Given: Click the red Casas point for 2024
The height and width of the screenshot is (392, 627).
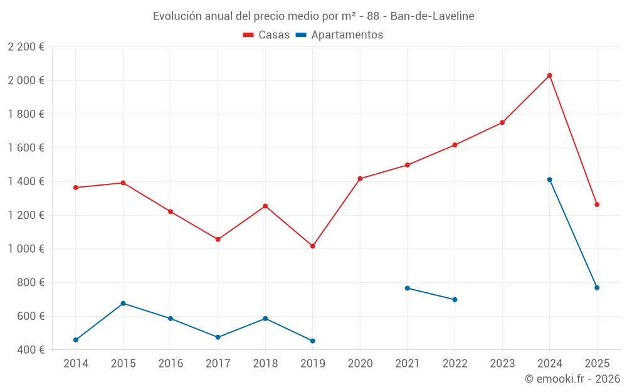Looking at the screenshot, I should pos(549,75).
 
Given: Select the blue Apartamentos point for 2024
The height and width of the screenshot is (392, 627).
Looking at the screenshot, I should pos(549,180).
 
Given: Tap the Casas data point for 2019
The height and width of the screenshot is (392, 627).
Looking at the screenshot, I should pos(312,246).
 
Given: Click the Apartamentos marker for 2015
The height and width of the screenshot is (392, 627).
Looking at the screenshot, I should pos(123,304).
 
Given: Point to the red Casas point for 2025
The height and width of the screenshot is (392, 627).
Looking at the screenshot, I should pos(597,204).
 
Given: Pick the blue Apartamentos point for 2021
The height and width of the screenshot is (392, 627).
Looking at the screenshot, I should pos(408,289).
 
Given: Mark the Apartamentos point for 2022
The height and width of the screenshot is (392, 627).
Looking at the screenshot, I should pos(455,300).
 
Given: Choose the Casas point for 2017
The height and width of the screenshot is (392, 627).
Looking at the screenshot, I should pos(218,240).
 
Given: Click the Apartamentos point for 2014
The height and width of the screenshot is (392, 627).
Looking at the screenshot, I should pos(76,340).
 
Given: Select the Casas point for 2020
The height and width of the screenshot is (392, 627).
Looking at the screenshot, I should pos(360,179).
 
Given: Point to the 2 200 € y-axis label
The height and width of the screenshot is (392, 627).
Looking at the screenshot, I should pos(26,47).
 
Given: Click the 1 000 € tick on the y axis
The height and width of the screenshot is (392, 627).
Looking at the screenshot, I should pos(26,249).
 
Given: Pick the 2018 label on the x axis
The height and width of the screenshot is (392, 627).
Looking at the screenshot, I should pos(265,363).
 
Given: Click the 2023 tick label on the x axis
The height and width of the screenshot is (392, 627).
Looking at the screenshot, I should pos(502,363).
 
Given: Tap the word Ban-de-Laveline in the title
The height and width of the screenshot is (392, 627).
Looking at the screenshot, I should pos(432,16).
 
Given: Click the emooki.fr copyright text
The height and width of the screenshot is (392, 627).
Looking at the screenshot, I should pos(572,379).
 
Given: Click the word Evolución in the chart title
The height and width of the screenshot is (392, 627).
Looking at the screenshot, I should pos(177,16).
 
